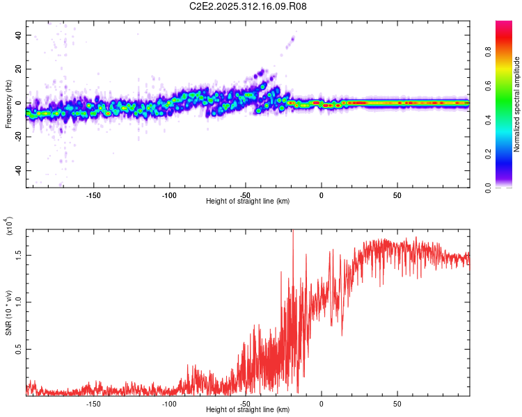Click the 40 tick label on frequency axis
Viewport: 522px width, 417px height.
point(18,35)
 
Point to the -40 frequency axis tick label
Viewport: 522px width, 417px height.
point(17,170)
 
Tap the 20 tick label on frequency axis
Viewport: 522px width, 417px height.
point(18,69)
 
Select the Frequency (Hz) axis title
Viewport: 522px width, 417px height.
point(8,110)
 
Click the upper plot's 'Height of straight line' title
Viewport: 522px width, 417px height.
point(248,201)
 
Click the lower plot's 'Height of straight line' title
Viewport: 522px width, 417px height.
point(248,409)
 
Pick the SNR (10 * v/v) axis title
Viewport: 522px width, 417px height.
point(8,309)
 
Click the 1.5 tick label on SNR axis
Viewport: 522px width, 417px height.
point(18,255)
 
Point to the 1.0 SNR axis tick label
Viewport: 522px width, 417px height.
point(18,301)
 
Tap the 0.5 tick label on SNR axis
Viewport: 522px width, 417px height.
point(18,349)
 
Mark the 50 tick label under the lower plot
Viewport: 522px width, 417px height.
point(397,403)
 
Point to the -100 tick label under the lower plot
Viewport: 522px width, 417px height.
point(169,403)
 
